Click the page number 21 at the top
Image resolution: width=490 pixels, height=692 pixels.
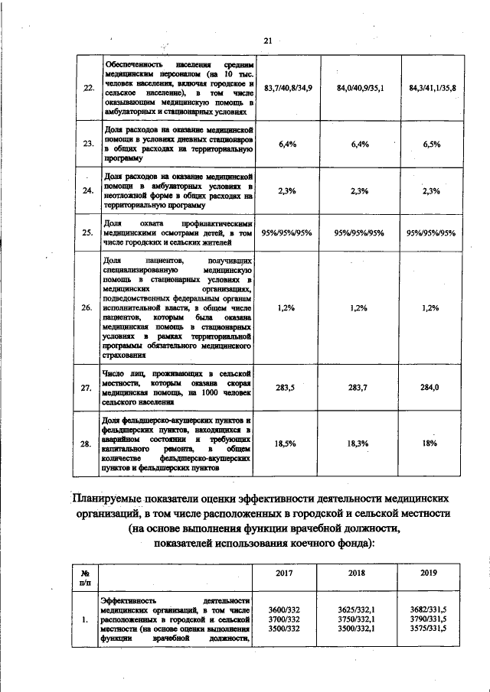click(267, 41)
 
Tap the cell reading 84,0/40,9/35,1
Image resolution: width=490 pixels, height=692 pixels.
click(359, 89)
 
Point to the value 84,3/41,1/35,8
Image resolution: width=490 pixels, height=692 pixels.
click(432, 89)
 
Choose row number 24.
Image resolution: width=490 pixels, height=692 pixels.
click(87, 191)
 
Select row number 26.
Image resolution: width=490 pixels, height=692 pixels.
click(87, 307)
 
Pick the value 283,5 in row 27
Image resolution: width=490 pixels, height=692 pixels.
click(286, 388)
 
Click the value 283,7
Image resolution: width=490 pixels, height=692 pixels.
click(359, 388)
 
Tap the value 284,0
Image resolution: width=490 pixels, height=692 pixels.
click(432, 388)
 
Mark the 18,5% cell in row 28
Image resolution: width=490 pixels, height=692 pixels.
click(286, 443)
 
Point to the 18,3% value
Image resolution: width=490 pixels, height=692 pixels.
click(359, 443)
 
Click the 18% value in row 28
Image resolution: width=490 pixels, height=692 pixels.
click(432, 443)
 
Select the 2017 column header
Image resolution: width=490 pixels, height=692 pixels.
click(286, 573)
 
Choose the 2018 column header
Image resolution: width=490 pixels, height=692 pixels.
click(359, 573)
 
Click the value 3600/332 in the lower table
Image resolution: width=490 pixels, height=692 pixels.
click(286, 609)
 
